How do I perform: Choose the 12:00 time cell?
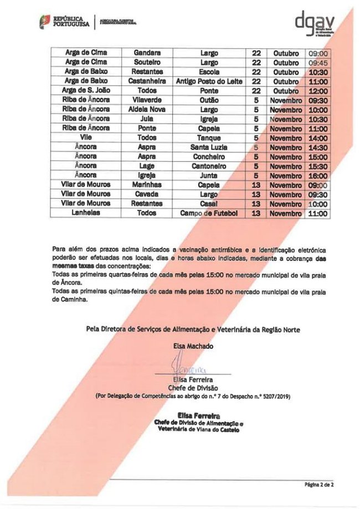318,91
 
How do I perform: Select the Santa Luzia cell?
209,147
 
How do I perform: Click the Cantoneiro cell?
209,166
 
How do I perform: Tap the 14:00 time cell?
318,138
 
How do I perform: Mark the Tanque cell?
209,138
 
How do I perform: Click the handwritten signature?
188,367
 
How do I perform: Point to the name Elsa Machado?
193,346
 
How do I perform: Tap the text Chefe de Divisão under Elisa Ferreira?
193,388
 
